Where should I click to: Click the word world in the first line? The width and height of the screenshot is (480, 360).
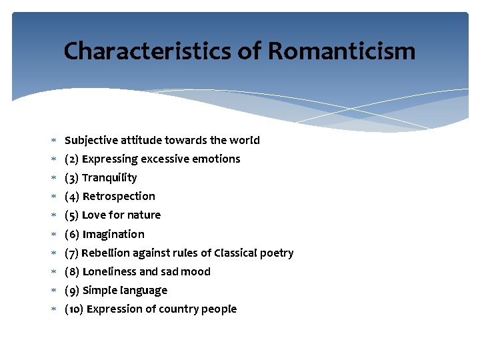point(245,140)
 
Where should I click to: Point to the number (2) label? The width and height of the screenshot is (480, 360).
point(72,159)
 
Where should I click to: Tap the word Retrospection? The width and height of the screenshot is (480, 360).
point(119,196)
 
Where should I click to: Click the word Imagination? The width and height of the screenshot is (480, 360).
point(113,234)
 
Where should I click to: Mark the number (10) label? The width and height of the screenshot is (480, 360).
point(74,309)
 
